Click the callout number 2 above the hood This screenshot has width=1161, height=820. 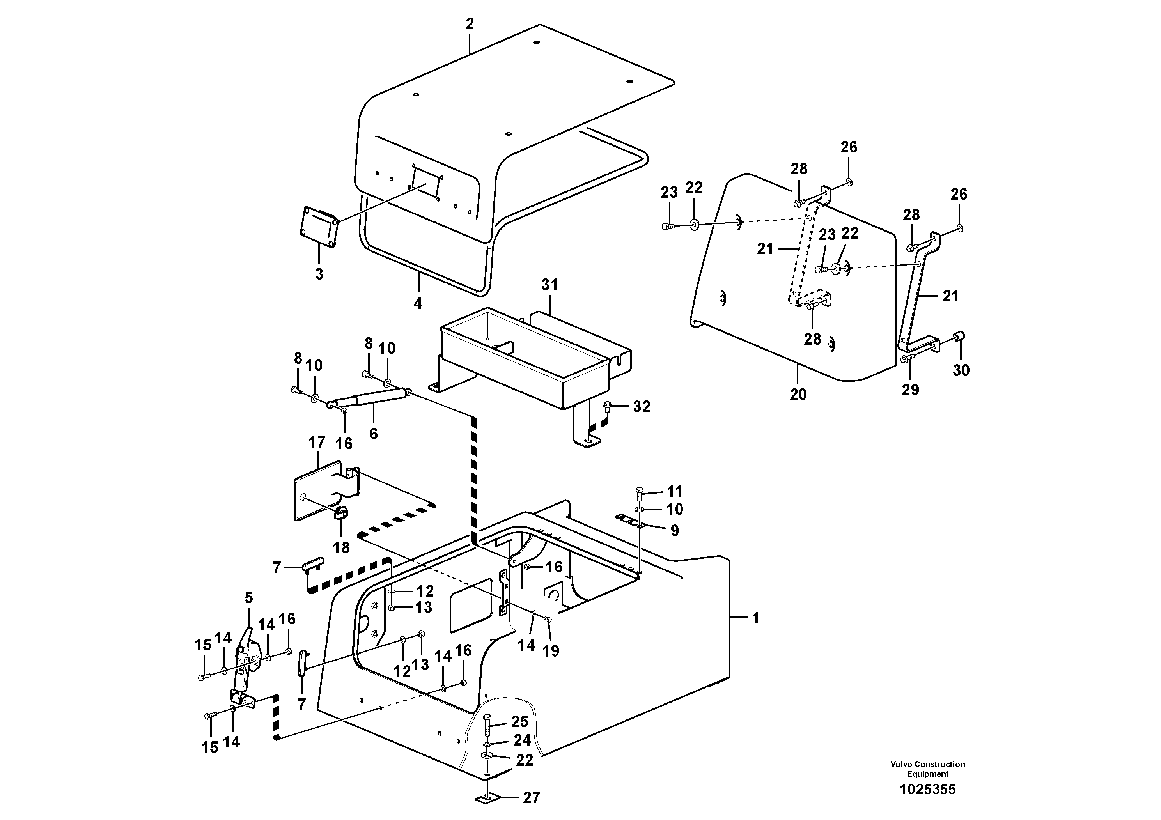click(470, 24)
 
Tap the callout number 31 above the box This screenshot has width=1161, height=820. click(549, 285)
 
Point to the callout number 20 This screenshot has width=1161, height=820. click(798, 394)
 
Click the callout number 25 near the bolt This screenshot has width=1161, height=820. click(519, 721)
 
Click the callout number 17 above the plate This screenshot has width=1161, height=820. click(317, 442)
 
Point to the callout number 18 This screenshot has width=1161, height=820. click(341, 547)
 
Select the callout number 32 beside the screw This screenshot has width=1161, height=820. click(642, 406)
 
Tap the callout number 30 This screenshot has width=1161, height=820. click(961, 370)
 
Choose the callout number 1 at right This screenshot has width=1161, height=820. click(755, 618)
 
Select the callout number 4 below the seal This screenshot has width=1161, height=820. click(418, 303)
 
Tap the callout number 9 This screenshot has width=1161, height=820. click(675, 530)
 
